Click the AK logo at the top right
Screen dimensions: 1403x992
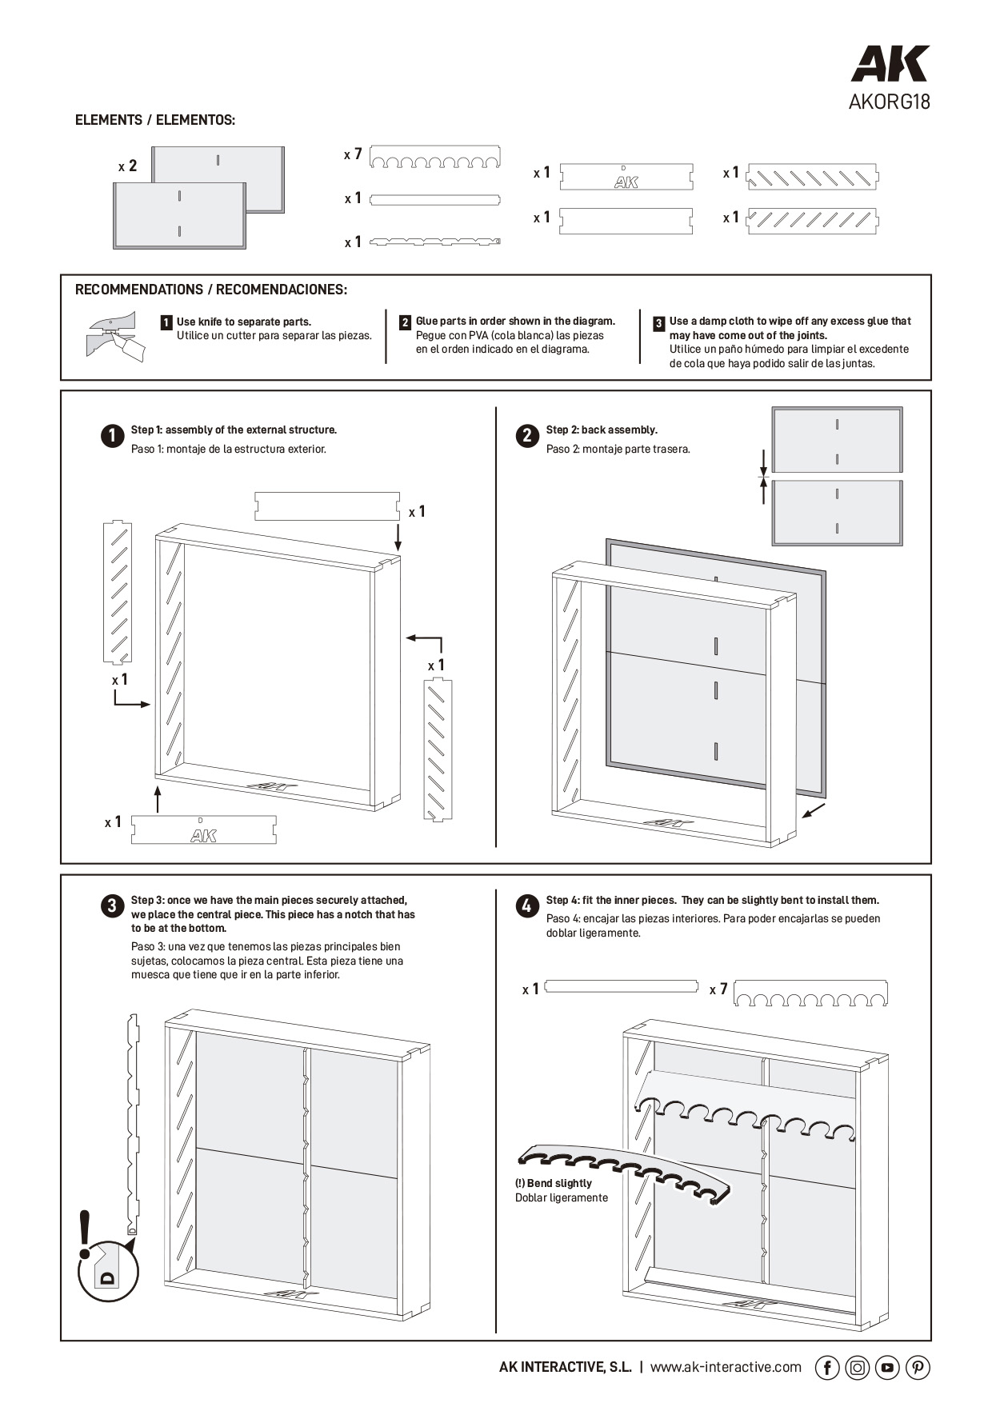890,64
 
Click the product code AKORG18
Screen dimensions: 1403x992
889,102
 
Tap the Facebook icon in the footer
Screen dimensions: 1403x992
826,1368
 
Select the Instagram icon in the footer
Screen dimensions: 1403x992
857,1368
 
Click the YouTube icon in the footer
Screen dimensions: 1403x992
887,1368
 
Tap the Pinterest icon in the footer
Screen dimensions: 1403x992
918,1368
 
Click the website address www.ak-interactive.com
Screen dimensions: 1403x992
726,1367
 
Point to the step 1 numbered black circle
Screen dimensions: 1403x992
113,436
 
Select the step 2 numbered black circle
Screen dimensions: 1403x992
527,436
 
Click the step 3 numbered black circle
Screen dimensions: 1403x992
113,906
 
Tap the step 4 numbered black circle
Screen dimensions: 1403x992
527,906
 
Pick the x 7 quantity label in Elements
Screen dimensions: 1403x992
353,154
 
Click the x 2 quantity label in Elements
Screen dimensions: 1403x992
128,166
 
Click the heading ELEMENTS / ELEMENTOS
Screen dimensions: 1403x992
155,120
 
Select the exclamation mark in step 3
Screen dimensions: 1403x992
85,1235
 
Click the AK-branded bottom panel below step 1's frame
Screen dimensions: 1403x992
203,830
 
